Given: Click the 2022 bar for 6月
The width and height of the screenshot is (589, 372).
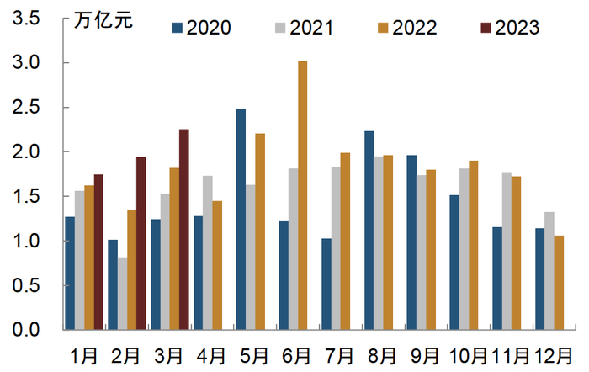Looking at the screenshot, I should [303, 195].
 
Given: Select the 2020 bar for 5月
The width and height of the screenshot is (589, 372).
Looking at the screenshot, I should [241, 219].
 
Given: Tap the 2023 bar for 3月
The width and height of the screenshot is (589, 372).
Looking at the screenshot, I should [183, 229].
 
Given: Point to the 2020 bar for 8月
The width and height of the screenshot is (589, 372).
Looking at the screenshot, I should [369, 230].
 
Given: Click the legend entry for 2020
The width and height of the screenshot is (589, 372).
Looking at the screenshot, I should [200, 28].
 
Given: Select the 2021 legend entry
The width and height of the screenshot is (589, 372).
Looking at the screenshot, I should [302, 28].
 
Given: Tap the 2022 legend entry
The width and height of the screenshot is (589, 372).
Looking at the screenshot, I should [405, 28].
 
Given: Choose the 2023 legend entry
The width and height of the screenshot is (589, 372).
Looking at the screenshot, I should [507, 28].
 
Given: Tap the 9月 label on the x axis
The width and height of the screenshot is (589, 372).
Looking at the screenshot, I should [425, 355].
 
